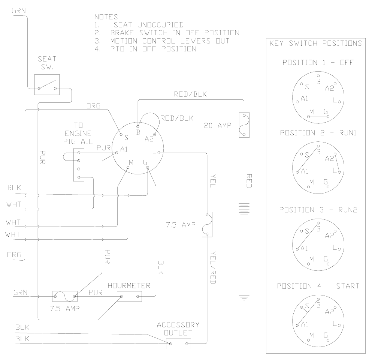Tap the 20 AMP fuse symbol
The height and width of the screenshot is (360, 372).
244,124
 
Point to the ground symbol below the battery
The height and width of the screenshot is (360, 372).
244,298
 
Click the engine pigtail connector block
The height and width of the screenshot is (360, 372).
79,165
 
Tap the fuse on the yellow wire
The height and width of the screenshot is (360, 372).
207,225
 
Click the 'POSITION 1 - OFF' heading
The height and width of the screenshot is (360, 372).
318,62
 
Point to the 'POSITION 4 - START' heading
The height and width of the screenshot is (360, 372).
318,286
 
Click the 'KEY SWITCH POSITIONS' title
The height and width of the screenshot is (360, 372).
316,43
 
